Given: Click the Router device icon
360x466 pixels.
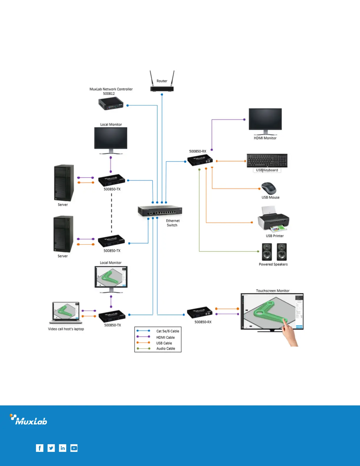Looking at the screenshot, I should [162, 88].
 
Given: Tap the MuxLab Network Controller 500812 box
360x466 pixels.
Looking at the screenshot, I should [110, 104].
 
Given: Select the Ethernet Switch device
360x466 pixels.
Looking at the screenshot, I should [160, 211].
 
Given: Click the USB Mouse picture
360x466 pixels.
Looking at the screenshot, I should [269, 189].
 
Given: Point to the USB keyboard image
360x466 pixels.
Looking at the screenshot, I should [267, 161].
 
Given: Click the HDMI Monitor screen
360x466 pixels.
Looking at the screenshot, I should [265, 119].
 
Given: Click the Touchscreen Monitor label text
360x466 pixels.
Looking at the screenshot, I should [273, 291].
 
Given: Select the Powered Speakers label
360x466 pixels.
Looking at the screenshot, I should [273, 264].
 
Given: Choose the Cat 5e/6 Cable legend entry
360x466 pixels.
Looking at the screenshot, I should [168, 331].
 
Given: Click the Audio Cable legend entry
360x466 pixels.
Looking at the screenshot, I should [166, 348].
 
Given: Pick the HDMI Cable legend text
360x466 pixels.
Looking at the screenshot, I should [165, 337].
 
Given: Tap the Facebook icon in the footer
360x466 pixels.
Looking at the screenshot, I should [39, 448].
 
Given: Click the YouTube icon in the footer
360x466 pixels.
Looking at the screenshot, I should [74, 448].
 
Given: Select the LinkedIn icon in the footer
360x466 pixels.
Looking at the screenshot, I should [63, 448].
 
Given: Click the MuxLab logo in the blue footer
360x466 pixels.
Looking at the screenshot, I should [29, 420].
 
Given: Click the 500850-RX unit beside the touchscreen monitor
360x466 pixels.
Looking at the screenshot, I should [200, 312].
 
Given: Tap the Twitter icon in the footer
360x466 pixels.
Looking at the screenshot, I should [51, 448].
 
